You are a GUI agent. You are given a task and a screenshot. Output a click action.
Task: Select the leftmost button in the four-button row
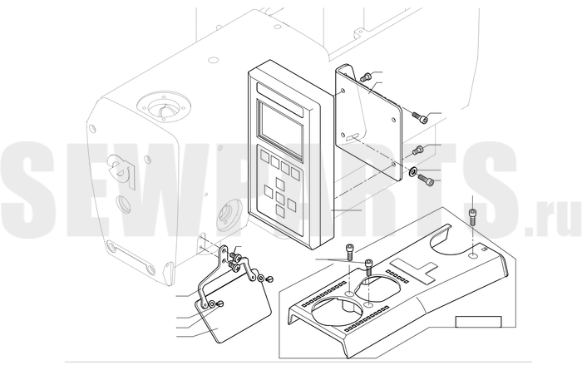[x=264, y=156]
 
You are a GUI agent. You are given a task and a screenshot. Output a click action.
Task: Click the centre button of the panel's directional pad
[x=280, y=198]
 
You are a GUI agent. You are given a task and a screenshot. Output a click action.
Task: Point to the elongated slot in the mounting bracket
[x=352, y=136]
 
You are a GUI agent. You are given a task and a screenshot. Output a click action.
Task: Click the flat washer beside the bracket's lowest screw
[x=412, y=171]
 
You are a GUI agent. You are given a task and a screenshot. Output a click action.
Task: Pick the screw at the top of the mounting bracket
[x=365, y=77]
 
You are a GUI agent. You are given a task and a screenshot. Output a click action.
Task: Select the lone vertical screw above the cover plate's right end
[x=472, y=217]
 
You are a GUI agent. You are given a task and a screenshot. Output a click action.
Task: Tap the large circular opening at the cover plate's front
[x=337, y=312]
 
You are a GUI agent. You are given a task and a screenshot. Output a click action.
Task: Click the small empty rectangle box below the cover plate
[x=478, y=322]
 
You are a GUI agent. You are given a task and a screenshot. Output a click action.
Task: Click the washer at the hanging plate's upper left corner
[x=211, y=304]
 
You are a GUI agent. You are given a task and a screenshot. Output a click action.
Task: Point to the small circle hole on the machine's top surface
[x=214, y=59]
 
